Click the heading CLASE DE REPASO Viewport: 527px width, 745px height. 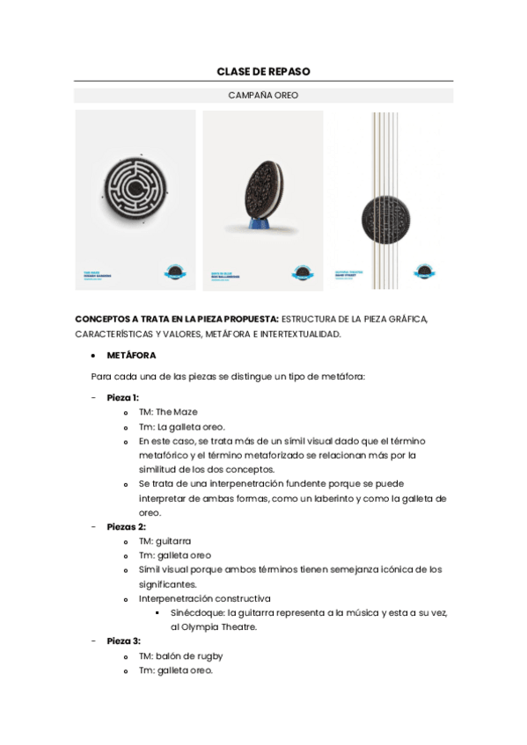(x=263, y=70)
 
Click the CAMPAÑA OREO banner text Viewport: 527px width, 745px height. (x=263, y=95)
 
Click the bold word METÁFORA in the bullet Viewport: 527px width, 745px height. (x=132, y=356)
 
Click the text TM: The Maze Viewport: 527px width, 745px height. (x=168, y=412)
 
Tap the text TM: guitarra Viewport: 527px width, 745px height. (x=165, y=540)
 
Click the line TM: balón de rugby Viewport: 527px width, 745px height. (x=180, y=655)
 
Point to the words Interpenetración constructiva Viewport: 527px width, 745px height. (x=204, y=598)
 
